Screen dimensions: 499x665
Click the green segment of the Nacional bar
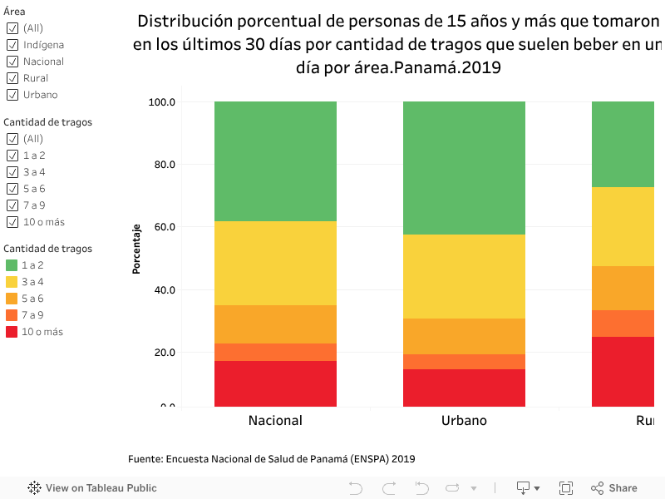click(x=275, y=161)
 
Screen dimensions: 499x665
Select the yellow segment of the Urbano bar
click(x=464, y=276)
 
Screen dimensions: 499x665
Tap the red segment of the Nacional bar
click(x=275, y=383)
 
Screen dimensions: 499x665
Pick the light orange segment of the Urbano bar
click(x=464, y=336)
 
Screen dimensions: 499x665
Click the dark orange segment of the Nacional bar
click(x=275, y=352)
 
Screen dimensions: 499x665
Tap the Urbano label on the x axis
click(x=464, y=421)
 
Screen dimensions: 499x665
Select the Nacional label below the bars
click(x=275, y=421)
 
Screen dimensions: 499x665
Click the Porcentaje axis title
click(x=135, y=249)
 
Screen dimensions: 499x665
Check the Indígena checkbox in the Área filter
click(x=12, y=45)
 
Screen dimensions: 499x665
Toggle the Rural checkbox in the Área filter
click(x=12, y=78)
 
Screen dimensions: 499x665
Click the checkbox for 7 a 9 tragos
click(x=12, y=205)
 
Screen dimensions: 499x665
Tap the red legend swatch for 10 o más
click(x=12, y=332)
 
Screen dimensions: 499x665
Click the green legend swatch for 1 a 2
click(x=12, y=265)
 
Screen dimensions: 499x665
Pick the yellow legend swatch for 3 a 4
click(x=12, y=282)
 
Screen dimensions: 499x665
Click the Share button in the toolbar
click(x=614, y=488)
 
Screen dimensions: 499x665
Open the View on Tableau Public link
click(x=92, y=488)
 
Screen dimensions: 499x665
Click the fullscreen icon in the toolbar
click(x=566, y=488)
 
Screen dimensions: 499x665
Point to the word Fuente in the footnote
click(x=145, y=459)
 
